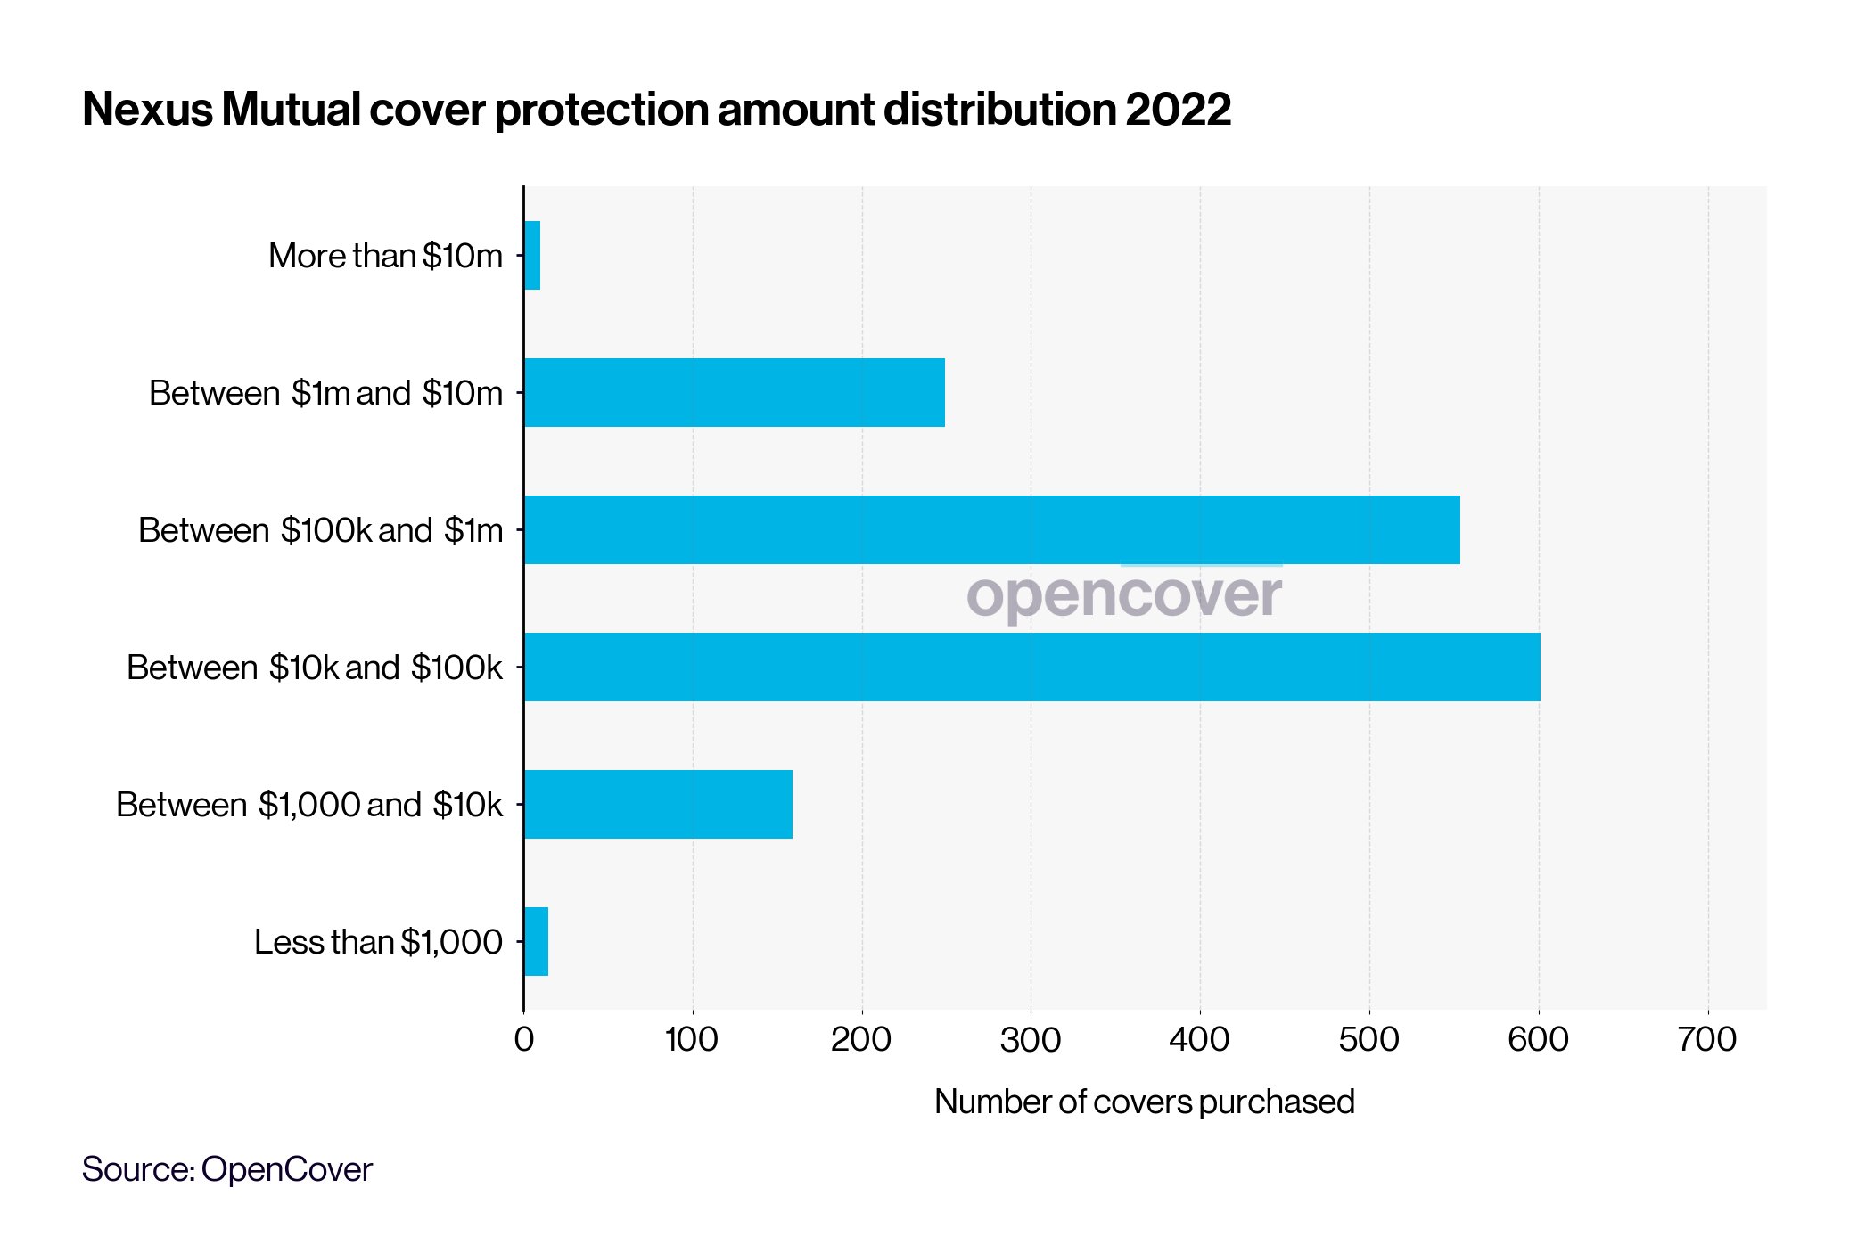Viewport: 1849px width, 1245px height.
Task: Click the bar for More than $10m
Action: (x=532, y=256)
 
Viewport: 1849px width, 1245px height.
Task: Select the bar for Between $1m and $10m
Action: (x=735, y=393)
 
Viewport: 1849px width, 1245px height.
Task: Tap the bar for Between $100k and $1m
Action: (x=991, y=530)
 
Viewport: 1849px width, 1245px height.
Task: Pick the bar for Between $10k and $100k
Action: (x=1031, y=668)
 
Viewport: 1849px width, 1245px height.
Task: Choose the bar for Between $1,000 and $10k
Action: (x=658, y=805)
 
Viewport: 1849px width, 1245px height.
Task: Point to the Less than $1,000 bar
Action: (x=536, y=942)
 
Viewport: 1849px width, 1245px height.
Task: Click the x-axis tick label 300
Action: (x=1031, y=1040)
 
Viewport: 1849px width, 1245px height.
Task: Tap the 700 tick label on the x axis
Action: (x=1706, y=1040)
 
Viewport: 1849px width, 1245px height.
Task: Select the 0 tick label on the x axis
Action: (x=524, y=1040)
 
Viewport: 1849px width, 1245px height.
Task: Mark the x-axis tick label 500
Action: (x=1368, y=1040)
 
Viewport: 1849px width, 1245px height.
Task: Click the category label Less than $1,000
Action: (x=378, y=942)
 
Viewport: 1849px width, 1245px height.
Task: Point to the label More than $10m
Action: (x=385, y=256)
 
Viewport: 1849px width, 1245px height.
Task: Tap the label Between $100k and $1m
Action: (x=320, y=530)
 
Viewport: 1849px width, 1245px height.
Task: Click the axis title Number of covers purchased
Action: (x=1144, y=1102)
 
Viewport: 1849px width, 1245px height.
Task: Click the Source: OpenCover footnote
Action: (x=226, y=1169)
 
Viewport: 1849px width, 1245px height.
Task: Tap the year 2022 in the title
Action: (x=1178, y=110)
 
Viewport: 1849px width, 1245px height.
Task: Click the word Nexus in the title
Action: (x=148, y=110)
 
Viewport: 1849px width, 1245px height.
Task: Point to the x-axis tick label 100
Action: (x=692, y=1040)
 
